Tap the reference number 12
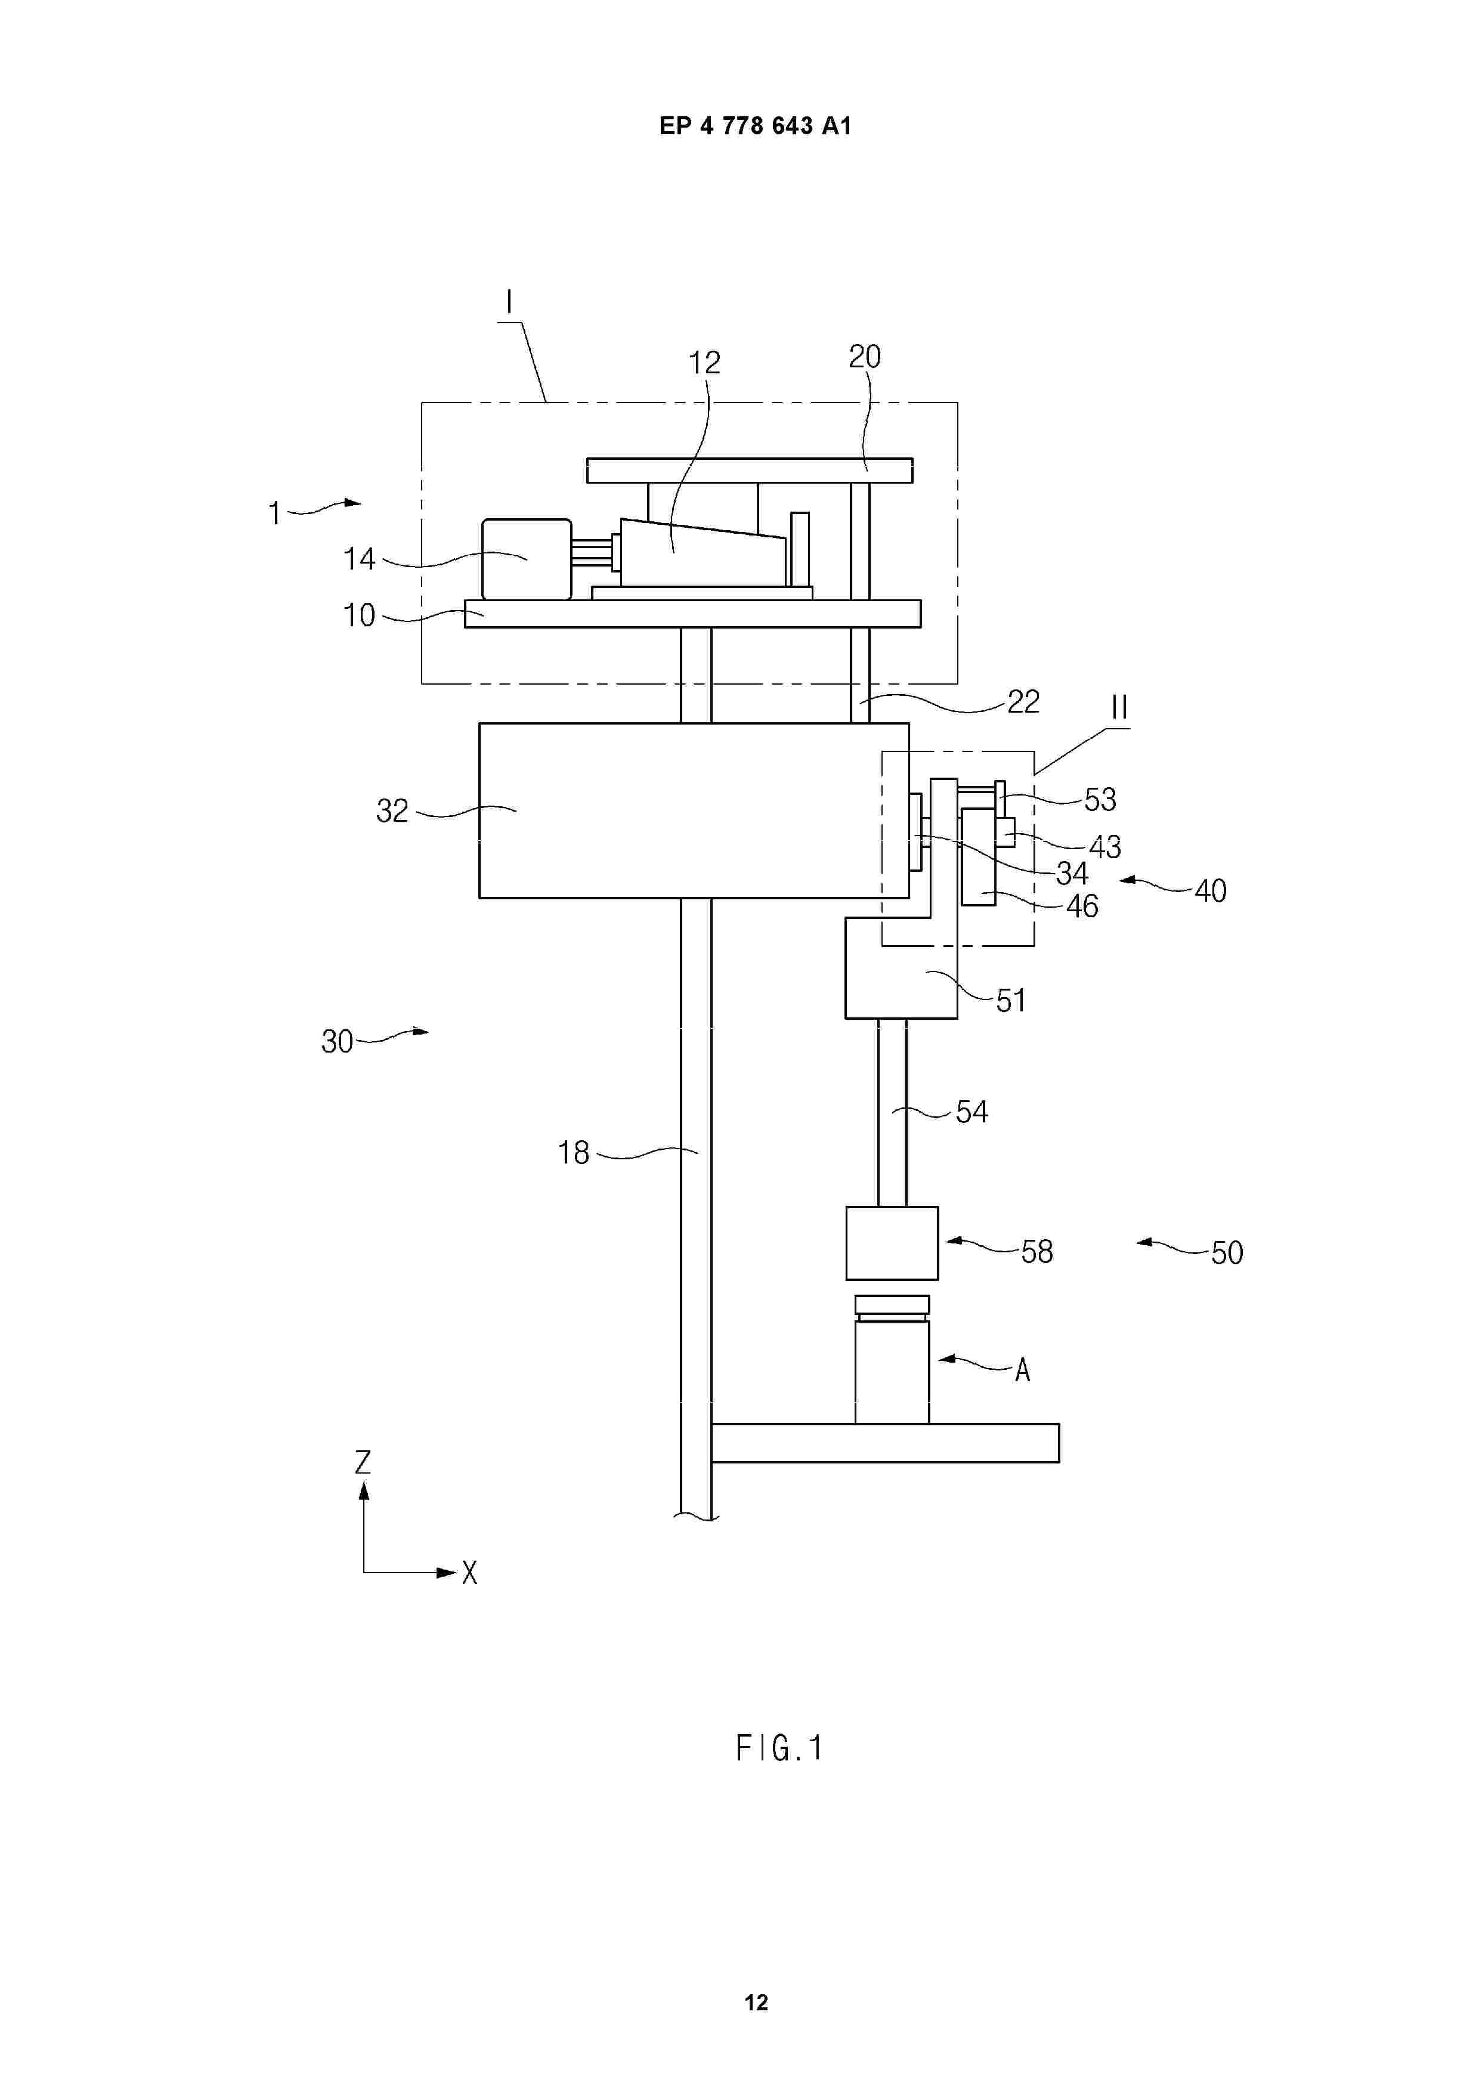pos(704,363)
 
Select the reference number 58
pos(1037,1252)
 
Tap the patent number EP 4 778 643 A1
pos(756,126)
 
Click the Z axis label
pos(363,1462)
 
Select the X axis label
pos(469,1573)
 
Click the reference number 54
pos(971,1112)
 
